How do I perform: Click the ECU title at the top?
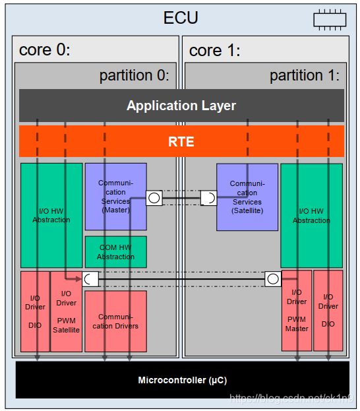(181, 17)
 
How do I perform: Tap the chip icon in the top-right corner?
(330, 20)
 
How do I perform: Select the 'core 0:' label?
(45, 50)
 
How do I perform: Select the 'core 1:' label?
(215, 50)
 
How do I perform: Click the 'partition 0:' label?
(134, 75)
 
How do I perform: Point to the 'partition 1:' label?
(304, 75)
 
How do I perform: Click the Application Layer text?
(181, 106)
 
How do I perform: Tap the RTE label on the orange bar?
(181, 142)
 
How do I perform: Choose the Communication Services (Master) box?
(115, 197)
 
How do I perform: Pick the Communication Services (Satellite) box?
(247, 197)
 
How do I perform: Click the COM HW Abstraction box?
(115, 252)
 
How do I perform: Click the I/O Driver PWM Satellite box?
(66, 311)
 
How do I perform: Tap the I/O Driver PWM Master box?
(296, 310)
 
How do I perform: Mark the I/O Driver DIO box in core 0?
(35, 311)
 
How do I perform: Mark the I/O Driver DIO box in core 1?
(328, 310)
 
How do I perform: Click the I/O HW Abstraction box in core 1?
(311, 215)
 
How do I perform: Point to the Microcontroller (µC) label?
(181, 380)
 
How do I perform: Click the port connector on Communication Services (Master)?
(154, 197)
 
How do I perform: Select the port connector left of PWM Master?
(273, 279)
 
